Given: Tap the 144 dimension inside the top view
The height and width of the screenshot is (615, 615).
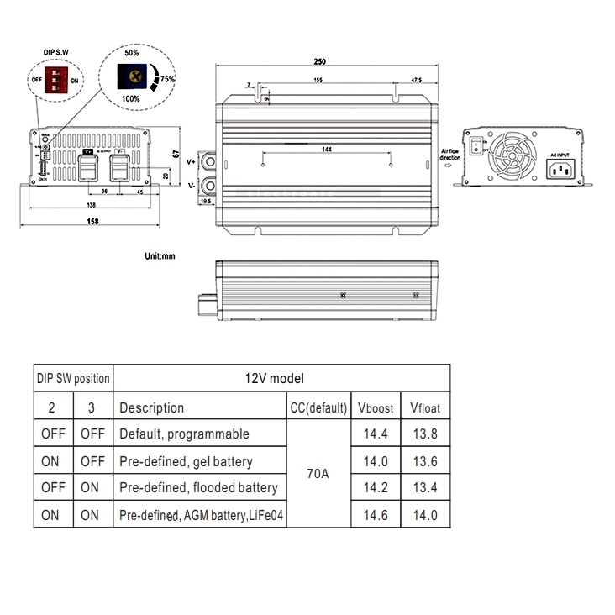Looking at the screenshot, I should [x=326, y=149].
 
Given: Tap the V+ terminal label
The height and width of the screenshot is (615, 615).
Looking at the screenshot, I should [x=191, y=160].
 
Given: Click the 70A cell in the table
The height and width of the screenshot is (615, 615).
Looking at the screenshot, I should [x=318, y=474].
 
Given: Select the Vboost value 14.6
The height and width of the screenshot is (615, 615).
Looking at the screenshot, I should [x=375, y=515].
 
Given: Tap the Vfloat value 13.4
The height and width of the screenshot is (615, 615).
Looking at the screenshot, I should [x=424, y=488].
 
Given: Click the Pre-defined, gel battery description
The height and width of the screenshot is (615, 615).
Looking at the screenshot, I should [x=186, y=461].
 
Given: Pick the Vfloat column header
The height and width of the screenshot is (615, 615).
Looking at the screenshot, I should [x=424, y=408].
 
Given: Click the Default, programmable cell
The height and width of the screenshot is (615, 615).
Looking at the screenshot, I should [x=184, y=434].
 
